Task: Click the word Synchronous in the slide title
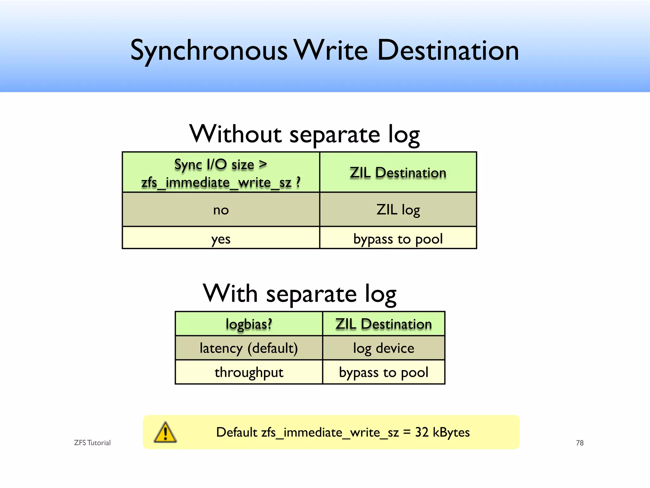pyautogui.click(x=209, y=51)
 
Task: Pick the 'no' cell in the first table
pyautogui.click(x=221, y=210)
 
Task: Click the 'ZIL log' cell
pyautogui.click(x=398, y=210)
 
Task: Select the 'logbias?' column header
pyautogui.click(x=249, y=324)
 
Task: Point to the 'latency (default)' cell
pyautogui.click(x=249, y=348)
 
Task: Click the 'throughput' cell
pyautogui.click(x=249, y=372)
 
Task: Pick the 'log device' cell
pyautogui.click(x=384, y=348)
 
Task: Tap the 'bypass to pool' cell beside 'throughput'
pyautogui.click(x=384, y=372)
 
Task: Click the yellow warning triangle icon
pyautogui.click(x=165, y=433)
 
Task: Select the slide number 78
pyautogui.click(x=580, y=443)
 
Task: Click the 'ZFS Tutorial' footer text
pyautogui.click(x=92, y=443)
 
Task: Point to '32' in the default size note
pyautogui.click(x=422, y=432)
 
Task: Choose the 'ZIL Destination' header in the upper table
pyautogui.click(x=398, y=173)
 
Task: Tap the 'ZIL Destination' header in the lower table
pyautogui.click(x=384, y=324)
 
